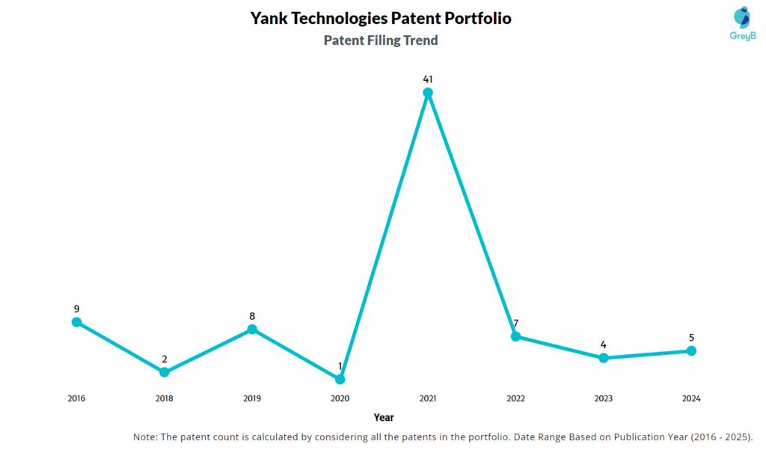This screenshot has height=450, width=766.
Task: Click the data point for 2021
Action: coord(428,93)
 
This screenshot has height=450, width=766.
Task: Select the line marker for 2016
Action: coord(76,322)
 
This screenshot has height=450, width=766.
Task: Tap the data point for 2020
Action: coord(340,380)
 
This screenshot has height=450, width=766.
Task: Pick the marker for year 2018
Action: coord(165,372)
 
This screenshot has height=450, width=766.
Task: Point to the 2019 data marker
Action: coord(252,329)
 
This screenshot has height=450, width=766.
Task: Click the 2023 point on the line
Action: coord(604,358)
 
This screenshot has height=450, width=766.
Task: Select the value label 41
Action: coord(428,79)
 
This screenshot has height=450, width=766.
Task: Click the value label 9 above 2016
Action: coord(76,308)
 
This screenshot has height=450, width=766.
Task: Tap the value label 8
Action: coord(252,316)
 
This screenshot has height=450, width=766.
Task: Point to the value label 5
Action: coord(691,337)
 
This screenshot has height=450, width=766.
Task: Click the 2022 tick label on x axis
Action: coord(515,398)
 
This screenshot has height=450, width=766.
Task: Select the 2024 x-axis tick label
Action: coord(691,398)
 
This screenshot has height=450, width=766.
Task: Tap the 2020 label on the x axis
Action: coord(340,398)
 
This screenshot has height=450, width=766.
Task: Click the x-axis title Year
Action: coord(384,417)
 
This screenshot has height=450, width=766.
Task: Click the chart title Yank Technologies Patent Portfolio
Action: coord(381,18)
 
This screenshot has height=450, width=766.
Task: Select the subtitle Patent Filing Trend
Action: coord(381,40)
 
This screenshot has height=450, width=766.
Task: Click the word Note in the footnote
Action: coord(145,437)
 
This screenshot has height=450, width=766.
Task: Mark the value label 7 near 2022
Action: coord(515,323)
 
